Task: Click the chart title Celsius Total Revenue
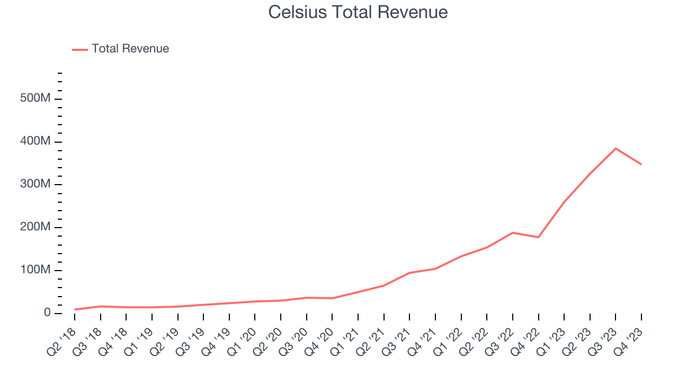click(358, 12)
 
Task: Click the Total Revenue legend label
click(130, 49)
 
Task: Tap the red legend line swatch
click(80, 49)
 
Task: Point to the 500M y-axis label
click(35, 99)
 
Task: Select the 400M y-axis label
click(35, 142)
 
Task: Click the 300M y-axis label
click(35, 185)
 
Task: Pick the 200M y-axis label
click(35, 228)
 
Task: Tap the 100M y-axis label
click(35, 271)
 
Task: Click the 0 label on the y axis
click(47, 313)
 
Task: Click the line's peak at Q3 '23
click(615, 148)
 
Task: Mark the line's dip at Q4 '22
click(538, 237)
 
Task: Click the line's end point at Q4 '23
click(641, 164)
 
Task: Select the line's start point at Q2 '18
click(75, 309)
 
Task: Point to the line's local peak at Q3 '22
click(513, 232)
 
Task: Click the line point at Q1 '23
click(564, 202)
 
